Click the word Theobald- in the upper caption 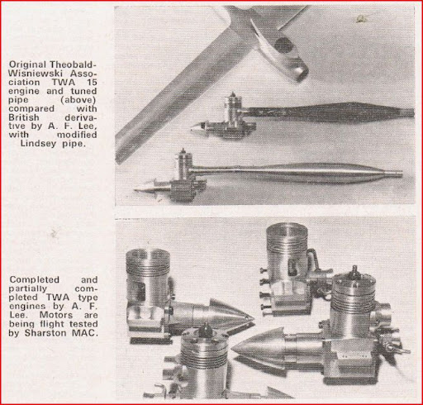point(73,64)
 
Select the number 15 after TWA point(92,83)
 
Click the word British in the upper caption point(24,117)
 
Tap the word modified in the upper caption point(77,135)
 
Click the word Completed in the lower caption point(35,280)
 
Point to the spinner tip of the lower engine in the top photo point(135,189)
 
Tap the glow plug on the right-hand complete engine point(354,271)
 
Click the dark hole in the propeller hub point(281,45)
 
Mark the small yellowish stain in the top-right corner point(359,19)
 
